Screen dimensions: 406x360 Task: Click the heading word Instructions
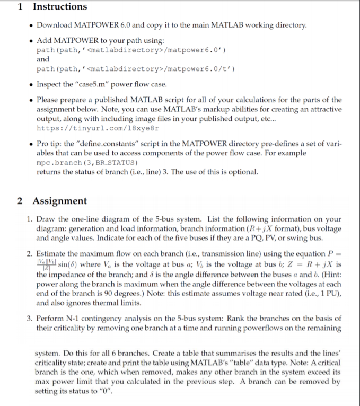pyautogui.click(x=59, y=7)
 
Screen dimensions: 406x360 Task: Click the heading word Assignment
pyautogui.click(x=59, y=201)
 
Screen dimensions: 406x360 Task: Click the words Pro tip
pyautogui.click(x=50, y=144)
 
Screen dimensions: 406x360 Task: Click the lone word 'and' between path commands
pyautogui.click(x=43, y=59)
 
